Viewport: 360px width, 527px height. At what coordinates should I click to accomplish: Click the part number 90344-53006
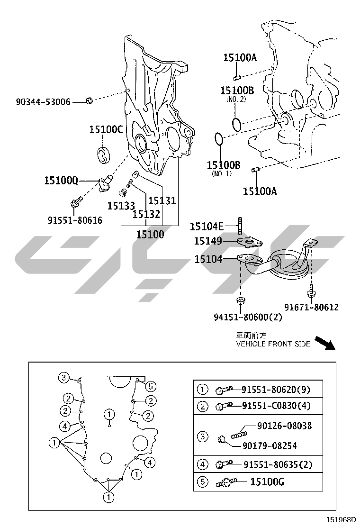[x=43, y=101]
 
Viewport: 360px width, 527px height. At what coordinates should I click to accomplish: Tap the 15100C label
[x=106, y=129]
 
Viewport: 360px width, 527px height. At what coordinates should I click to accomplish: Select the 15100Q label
[x=61, y=180]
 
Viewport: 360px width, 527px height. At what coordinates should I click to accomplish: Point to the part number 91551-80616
[x=75, y=220]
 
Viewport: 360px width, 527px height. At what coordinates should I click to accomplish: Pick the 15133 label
[x=120, y=206]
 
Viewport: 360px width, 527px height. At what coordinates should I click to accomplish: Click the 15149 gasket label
[x=207, y=241]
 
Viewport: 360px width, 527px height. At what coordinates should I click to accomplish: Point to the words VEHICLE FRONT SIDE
[x=273, y=344]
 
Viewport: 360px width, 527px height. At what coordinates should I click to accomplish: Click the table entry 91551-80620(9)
[x=275, y=390]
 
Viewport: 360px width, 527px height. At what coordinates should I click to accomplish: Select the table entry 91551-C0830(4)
[x=276, y=406]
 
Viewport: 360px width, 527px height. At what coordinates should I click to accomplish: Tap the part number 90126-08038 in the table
[x=284, y=426]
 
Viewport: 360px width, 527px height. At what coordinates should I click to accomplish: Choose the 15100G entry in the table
[x=267, y=482]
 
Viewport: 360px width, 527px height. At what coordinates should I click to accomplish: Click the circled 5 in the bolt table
[x=202, y=482]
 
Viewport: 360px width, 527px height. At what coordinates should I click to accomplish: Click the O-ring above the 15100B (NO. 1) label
[x=218, y=140]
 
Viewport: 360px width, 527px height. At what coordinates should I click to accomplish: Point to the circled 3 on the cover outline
[x=64, y=377]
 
